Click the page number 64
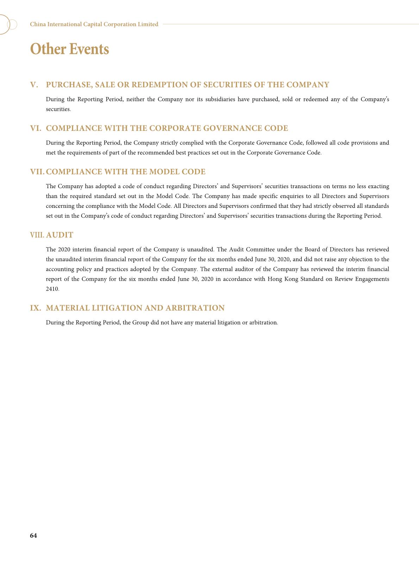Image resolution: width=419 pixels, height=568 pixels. tap(33, 535)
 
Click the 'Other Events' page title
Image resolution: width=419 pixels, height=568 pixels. tap(69, 49)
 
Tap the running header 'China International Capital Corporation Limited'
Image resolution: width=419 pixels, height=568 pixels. tap(94, 24)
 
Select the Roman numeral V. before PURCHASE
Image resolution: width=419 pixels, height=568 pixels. tap(34, 85)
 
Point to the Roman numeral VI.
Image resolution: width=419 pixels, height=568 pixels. tap(36, 128)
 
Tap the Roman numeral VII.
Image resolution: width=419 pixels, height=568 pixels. tap(37, 172)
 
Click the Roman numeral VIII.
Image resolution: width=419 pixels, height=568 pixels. tap(37, 235)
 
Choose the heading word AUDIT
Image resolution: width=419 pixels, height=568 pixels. tap(60, 235)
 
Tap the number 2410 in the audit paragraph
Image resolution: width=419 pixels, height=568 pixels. tap(52, 289)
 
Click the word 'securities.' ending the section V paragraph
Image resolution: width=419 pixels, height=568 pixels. tap(58, 109)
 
